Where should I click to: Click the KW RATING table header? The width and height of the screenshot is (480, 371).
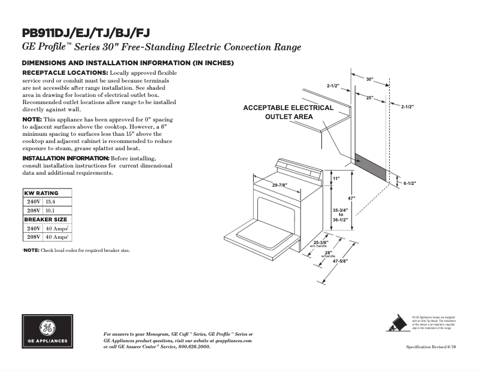[41, 193]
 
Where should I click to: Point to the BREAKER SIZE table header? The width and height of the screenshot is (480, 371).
[47, 220]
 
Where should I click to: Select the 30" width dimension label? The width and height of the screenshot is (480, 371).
[370, 79]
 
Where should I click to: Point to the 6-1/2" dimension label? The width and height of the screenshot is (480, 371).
[409, 183]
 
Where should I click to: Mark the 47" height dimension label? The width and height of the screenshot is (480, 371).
[353, 198]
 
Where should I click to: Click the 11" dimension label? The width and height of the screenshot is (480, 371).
[336, 179]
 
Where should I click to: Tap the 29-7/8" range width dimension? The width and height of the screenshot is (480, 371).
[282, 185]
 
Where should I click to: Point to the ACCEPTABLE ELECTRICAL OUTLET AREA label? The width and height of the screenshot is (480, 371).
[288, 112]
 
